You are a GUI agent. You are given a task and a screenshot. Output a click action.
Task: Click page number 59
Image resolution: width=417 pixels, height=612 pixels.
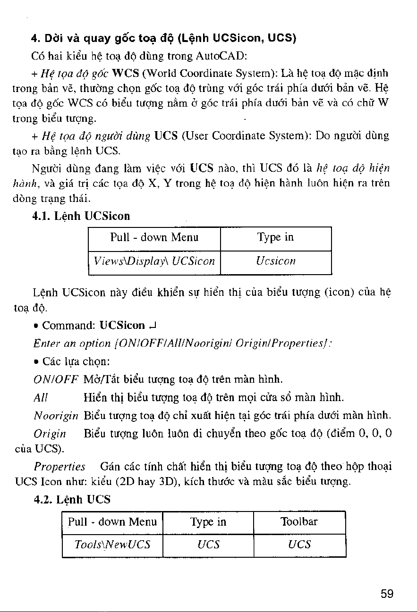(387, 594)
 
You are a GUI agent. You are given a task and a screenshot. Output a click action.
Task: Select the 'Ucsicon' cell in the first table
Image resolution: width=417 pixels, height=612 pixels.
(276, 261)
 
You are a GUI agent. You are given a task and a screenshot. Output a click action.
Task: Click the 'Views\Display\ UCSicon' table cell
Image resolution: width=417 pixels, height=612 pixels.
(154, 261)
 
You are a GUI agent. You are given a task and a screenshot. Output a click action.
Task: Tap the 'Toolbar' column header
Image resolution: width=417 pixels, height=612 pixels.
(299, 522)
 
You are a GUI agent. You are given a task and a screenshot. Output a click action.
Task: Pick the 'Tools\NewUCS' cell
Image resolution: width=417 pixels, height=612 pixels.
(112, 545)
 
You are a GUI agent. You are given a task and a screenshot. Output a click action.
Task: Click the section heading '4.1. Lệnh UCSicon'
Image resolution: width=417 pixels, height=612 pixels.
(81, 216)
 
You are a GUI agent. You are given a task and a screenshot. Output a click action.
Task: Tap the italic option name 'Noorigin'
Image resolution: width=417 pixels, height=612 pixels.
(56, 416)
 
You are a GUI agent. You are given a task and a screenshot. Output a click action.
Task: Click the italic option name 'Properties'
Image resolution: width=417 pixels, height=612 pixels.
(60, 467)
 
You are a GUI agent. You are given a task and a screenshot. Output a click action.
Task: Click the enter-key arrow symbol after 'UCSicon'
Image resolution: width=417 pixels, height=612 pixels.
(153, 326)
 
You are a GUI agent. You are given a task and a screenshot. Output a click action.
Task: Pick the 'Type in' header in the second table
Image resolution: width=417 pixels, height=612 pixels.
(208, 522)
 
